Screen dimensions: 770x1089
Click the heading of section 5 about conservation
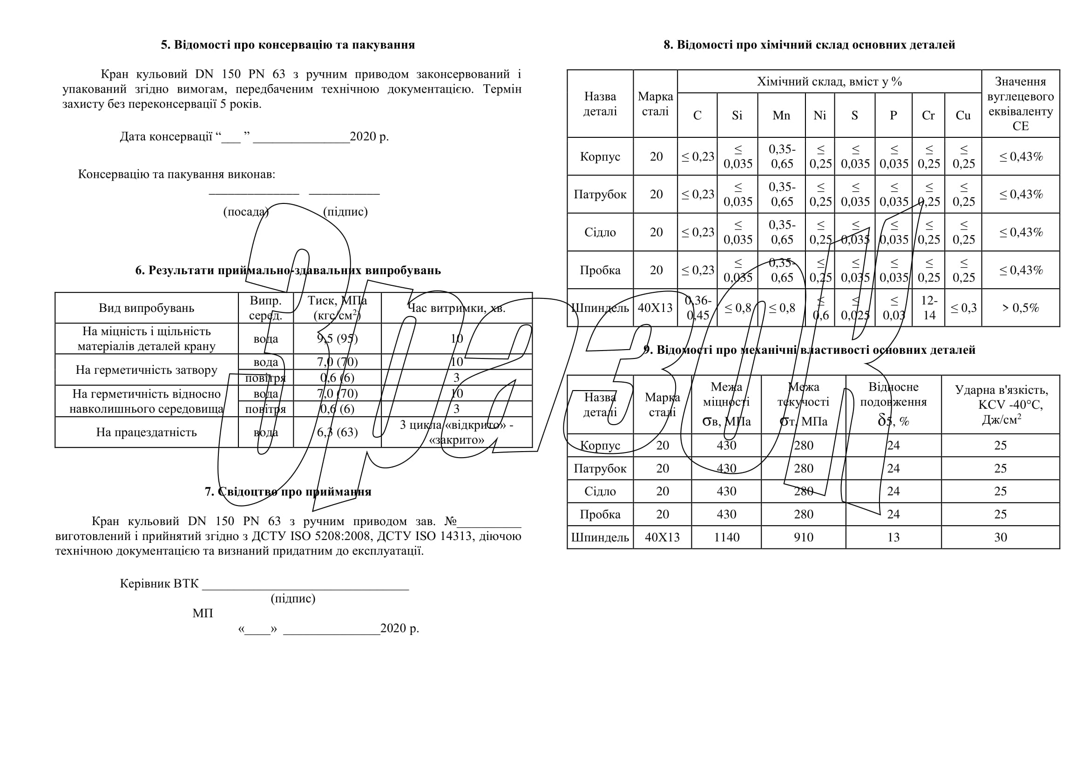pos(287,45)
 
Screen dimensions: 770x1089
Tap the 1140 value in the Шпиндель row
pos(726,537)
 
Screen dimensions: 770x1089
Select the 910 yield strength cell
pos(804,537)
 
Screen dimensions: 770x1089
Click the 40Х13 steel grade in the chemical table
pos(655,308)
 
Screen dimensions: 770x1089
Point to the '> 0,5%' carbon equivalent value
pos(1020,308)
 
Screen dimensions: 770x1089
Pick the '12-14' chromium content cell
pos(928,308)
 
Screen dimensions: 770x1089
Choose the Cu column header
pos(963,115)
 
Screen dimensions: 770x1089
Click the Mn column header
pos(781,115)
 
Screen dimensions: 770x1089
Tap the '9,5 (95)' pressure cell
pos(337,338)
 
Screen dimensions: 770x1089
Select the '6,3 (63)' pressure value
pos(337,432)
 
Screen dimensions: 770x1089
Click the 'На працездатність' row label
pos(146,432)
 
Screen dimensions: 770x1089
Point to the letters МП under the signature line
pos(203,613)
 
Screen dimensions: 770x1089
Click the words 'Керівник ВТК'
pos(159,584)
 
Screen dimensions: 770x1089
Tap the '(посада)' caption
pos(246,211)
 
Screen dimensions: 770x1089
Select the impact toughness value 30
pos(1000,537)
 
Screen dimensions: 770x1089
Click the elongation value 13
pos(893,537)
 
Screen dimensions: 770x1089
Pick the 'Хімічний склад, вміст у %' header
pos(829,81)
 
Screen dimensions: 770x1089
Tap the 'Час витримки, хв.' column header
pos(457,308)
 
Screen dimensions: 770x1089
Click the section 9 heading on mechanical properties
pos(809,350)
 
